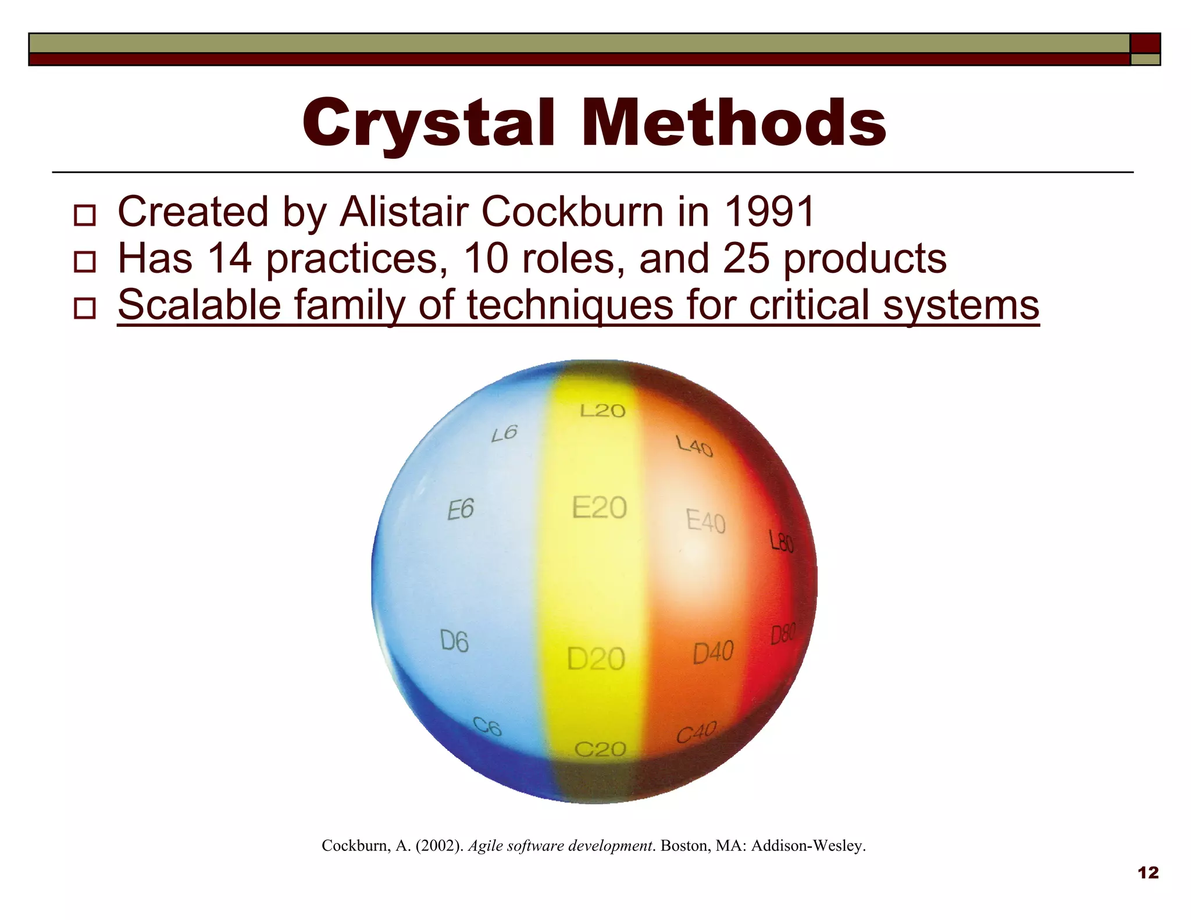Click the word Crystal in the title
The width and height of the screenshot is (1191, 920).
coord(428,123)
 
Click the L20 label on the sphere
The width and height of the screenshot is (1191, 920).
coord(602,411)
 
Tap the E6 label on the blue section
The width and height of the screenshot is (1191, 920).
coord(461,510)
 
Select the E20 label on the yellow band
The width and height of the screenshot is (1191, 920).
coord(599,508)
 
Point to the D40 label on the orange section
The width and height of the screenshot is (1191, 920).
coord(713,652)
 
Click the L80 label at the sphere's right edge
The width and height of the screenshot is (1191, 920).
coord(781,541)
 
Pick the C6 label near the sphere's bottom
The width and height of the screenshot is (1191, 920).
coord(487,726)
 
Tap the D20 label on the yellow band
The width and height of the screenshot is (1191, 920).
coord(596,659)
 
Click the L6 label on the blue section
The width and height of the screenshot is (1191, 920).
coord(504,433)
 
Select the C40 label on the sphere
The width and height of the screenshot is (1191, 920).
coord(696,732)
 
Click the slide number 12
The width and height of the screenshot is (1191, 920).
coord(1147,873)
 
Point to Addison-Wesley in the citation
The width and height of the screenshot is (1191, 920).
coord(808,846)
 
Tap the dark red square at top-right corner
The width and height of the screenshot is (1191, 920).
coord(1145,44)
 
